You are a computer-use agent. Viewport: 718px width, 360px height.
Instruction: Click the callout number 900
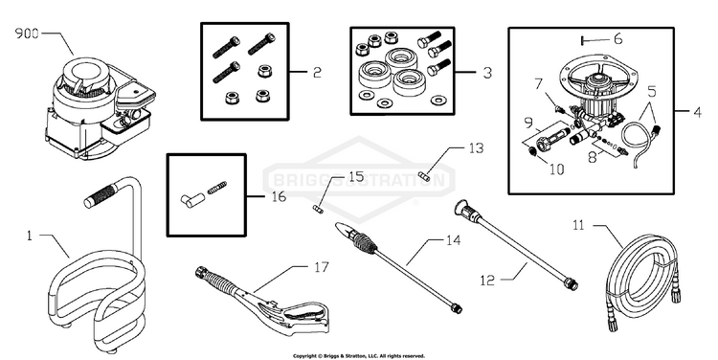pyautogui.click(x=27, y=34)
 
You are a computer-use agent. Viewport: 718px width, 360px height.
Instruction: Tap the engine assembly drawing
pyautogui.click(x=101, y=108)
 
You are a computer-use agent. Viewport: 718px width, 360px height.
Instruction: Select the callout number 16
pyautogui.click(x=279, y=196)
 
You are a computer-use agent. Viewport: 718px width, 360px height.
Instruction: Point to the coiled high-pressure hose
pyautogui.click(x=643, y=281)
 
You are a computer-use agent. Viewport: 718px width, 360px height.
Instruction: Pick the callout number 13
pyautogui.click(x=476, y=148)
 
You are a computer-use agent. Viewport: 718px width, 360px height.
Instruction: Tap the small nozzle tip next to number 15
pyautogui.click(x=318, y=209)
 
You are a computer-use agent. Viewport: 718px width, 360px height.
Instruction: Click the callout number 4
pyautogui.click(x=697, y=112)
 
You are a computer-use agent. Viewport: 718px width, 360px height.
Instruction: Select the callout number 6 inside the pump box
pyautogui.click(x=617, y=39)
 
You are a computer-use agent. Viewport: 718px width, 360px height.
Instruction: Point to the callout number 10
pyautogui.click(x=556, y=169)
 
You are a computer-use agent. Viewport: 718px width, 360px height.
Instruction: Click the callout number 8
pyautogui.click(x=593, y=157)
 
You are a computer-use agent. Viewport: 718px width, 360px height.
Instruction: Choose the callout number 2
pyautogui.click(x=317, y=73)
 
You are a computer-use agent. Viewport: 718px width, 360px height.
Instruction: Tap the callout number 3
pyautogui.click(x=487, y=73)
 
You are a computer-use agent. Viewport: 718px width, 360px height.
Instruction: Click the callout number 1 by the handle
pyautogui.click(x=30, y=236)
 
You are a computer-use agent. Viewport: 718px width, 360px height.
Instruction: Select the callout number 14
pyautogui.click(x=454, y=240)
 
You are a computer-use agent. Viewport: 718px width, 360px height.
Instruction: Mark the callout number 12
pyautogui.click(x=487, y=280)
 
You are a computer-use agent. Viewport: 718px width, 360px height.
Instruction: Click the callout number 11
pyautogui.click(x=579, y=225)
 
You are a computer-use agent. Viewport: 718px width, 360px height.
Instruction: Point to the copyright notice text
pyautogui.click(x=359, y=356)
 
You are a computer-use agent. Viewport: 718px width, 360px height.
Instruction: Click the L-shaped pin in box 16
pyautogui.click(x=191, y=200)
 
